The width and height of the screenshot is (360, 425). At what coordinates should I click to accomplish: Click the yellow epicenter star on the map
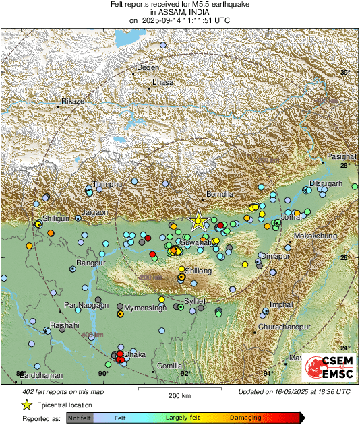point(198,220)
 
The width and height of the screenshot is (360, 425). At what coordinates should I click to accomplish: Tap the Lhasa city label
point(163,82)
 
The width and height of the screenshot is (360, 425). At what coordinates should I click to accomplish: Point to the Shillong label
point(199,271)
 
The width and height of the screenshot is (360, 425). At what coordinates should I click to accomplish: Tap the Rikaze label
point(72,101)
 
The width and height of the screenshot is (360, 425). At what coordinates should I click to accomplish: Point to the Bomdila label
point(219,194)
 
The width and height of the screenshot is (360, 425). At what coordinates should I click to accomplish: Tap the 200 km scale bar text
point(181,395)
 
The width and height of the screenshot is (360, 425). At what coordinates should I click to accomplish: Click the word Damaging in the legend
point(245,418)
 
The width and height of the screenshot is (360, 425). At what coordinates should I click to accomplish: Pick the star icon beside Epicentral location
point(27,405)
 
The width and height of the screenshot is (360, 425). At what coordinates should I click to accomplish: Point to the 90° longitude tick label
point(103,374)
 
